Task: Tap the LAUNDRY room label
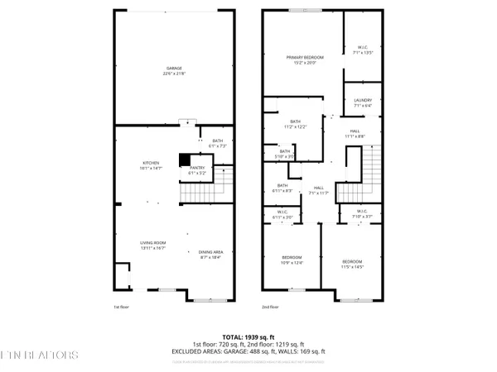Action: (363, 103)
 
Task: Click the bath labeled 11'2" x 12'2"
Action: (295, 124)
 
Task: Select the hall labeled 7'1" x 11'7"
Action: (317, 190)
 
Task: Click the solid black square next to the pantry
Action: (185, 160)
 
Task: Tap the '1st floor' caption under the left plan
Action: (122, 307)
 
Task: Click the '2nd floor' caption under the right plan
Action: (271, 307)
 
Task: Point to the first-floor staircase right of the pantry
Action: (220, 184)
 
